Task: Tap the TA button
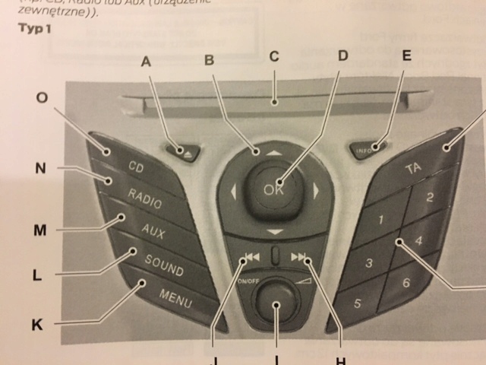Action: [414, 167]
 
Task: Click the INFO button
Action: [370, 149]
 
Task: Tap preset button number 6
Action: [406, 283]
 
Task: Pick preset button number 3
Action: [369, 264]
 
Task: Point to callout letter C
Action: [274, 56]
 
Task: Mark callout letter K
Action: [37, 325]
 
